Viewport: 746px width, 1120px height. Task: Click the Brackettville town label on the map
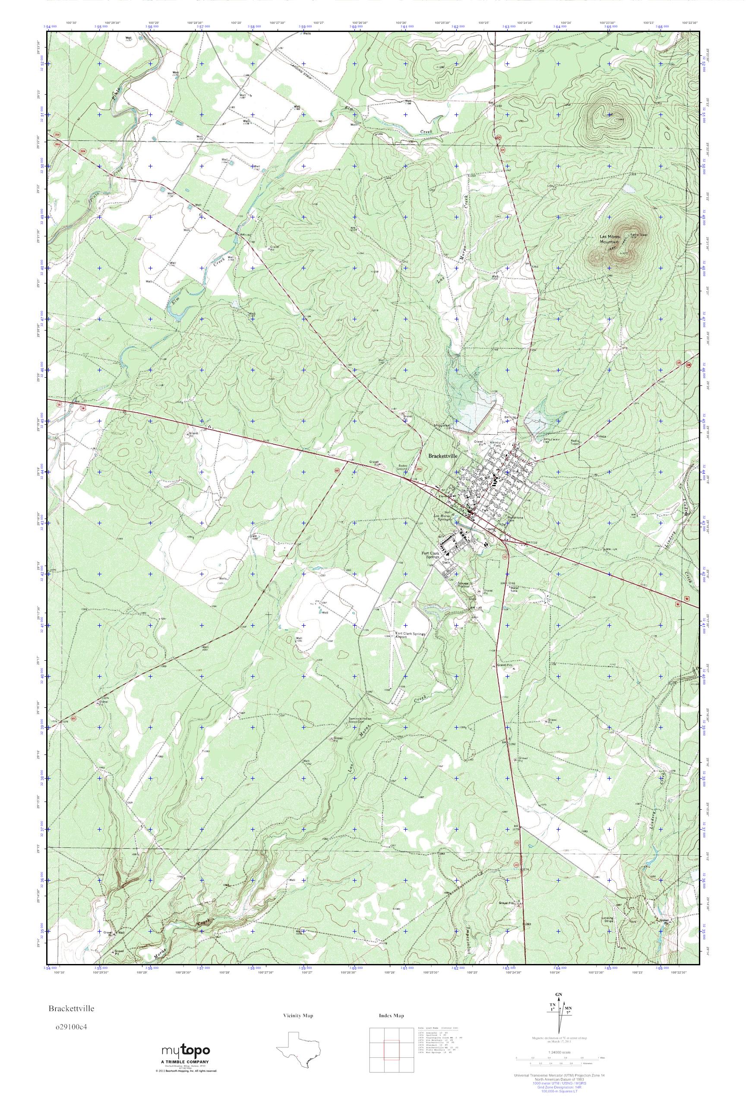click(x=443, y=455)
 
